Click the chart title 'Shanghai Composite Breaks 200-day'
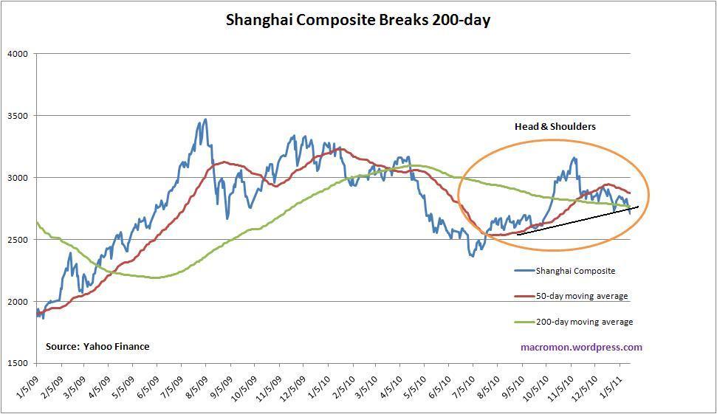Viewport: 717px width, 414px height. coord(358,20)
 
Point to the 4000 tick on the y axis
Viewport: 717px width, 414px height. coord(17,54)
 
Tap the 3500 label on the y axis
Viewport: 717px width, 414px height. coord(17,116)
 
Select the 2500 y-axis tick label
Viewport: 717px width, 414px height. coord(17,240)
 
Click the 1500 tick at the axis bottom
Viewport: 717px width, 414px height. coord(17,363)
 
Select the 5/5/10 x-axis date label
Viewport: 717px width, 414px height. coord(411,385)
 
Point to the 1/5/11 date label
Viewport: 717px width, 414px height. coord(618,385)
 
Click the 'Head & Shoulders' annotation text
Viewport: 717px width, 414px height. coord(555,126)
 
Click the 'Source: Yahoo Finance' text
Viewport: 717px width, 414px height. coord(97,346)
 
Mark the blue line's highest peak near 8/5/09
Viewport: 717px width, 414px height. coord(205,120)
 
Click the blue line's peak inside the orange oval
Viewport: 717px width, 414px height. coord(573,158)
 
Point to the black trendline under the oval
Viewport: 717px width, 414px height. coord(576,221)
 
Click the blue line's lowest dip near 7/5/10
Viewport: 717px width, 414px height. coord(471,256)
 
